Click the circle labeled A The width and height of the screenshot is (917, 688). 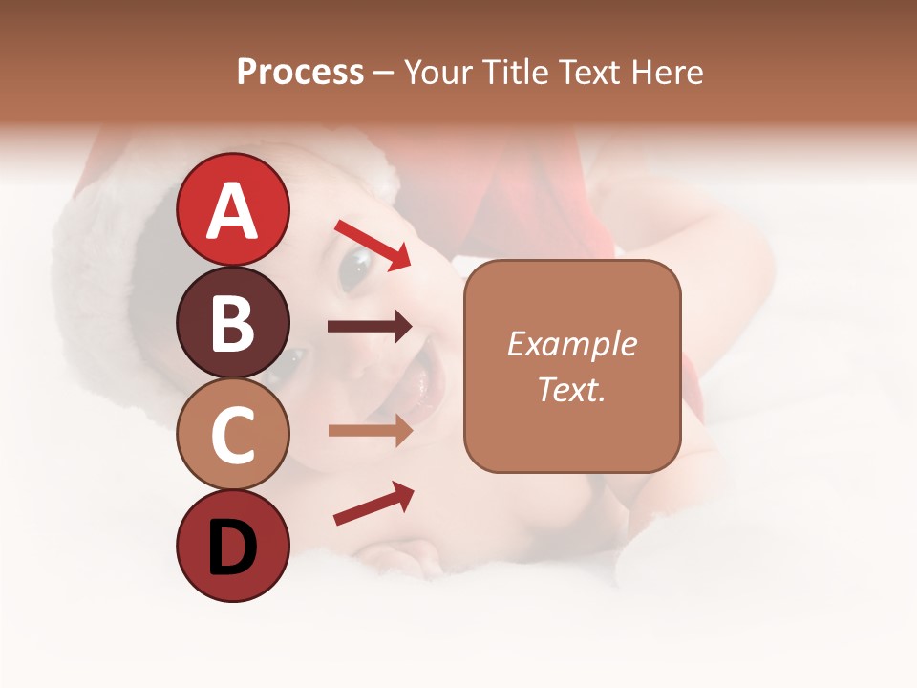pos(232,209)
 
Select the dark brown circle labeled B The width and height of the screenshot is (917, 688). pos(232,322)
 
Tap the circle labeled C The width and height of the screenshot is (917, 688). pos(232,435)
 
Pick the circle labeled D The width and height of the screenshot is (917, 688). pos(232,547)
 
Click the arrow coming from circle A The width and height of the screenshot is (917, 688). pos(373,245)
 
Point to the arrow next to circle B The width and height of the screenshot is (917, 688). pos(370,327)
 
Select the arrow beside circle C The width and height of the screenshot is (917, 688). pos(370,431)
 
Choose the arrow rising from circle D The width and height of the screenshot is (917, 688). pos(373,504)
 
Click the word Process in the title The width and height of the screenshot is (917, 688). pos(300,72)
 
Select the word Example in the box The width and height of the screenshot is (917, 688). pos(571,344)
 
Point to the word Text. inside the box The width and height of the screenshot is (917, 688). pos(571,389)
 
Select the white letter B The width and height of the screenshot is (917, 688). pos(232,323)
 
